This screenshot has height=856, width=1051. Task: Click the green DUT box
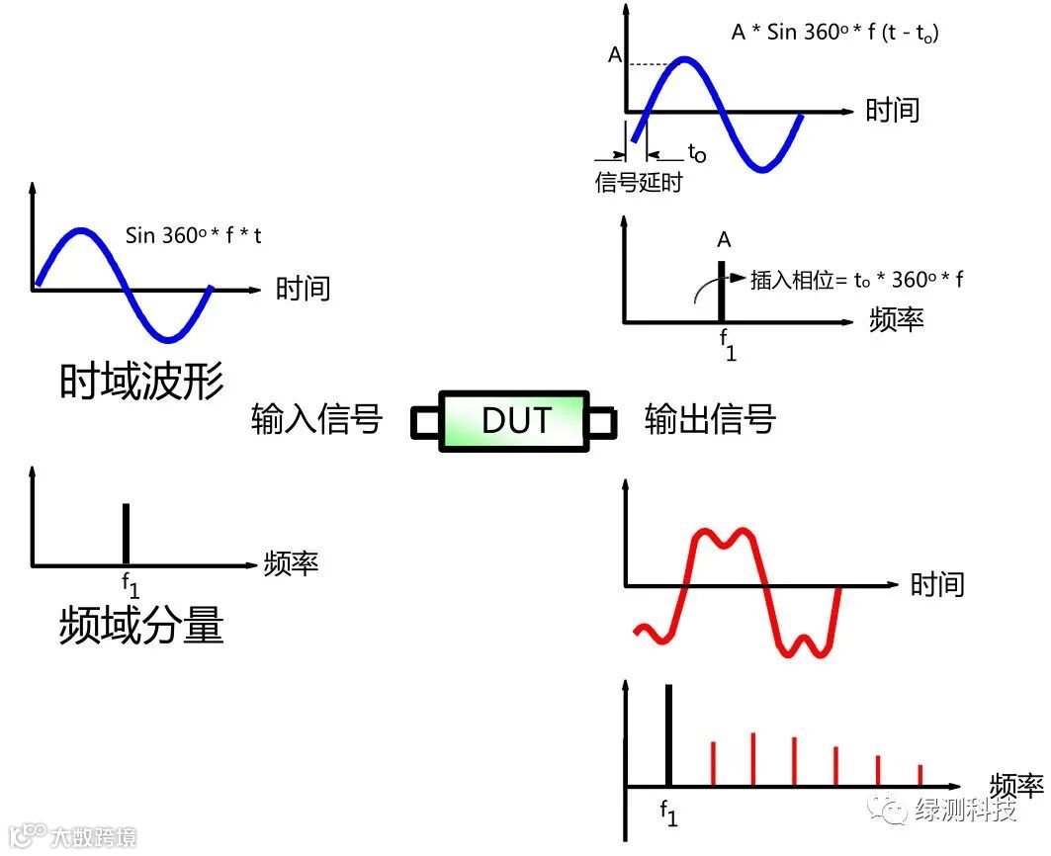(514, 422)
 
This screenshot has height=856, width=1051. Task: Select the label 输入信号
(316, 419)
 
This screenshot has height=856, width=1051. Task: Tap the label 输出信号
(710, 419)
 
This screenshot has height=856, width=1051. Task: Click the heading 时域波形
(141, 381)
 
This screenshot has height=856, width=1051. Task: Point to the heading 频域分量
(141, 625)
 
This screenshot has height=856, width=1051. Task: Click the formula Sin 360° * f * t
(194, 235)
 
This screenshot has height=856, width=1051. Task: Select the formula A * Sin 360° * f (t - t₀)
(834, 32)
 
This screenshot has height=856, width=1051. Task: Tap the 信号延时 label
(638, 183)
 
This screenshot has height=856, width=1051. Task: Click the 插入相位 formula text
(856, 279)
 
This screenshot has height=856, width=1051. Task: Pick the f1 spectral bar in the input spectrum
(126, 534)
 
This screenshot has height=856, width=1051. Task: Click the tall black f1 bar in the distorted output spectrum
(669, 735)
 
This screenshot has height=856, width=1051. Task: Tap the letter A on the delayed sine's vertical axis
(615, 56)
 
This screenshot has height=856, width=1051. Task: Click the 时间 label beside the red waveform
(936, 583)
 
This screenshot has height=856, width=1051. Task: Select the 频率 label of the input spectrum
(291, 563)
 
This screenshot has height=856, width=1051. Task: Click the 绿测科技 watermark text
(967, 811)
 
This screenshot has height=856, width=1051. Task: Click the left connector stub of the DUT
(424, 423)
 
